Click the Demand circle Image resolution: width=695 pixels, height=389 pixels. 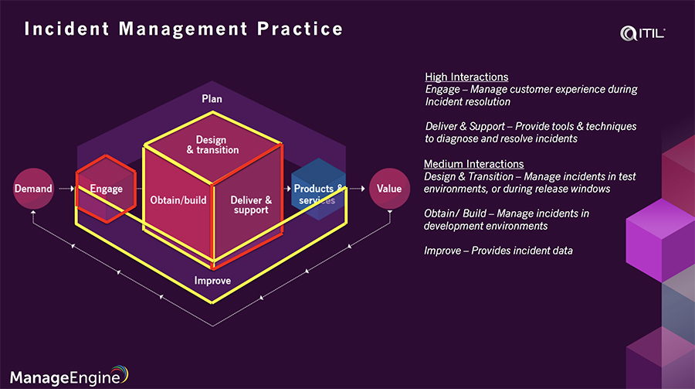[33, 189]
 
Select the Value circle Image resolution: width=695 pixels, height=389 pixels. [388, 189]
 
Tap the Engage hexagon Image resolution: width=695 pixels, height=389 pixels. [106, 189]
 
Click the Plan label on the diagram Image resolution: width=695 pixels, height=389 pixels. [212, 99]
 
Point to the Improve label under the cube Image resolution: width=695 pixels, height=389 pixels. [212, 280]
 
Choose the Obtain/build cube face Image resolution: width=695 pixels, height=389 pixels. [178, 200]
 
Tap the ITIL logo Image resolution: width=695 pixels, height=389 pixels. [642, 32]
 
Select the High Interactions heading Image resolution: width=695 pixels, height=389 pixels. [466, 77]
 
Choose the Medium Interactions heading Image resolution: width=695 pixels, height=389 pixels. [474, 164]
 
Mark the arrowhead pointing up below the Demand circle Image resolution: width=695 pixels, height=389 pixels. [33, 219]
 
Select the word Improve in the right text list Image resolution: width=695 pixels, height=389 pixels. [443, 251]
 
